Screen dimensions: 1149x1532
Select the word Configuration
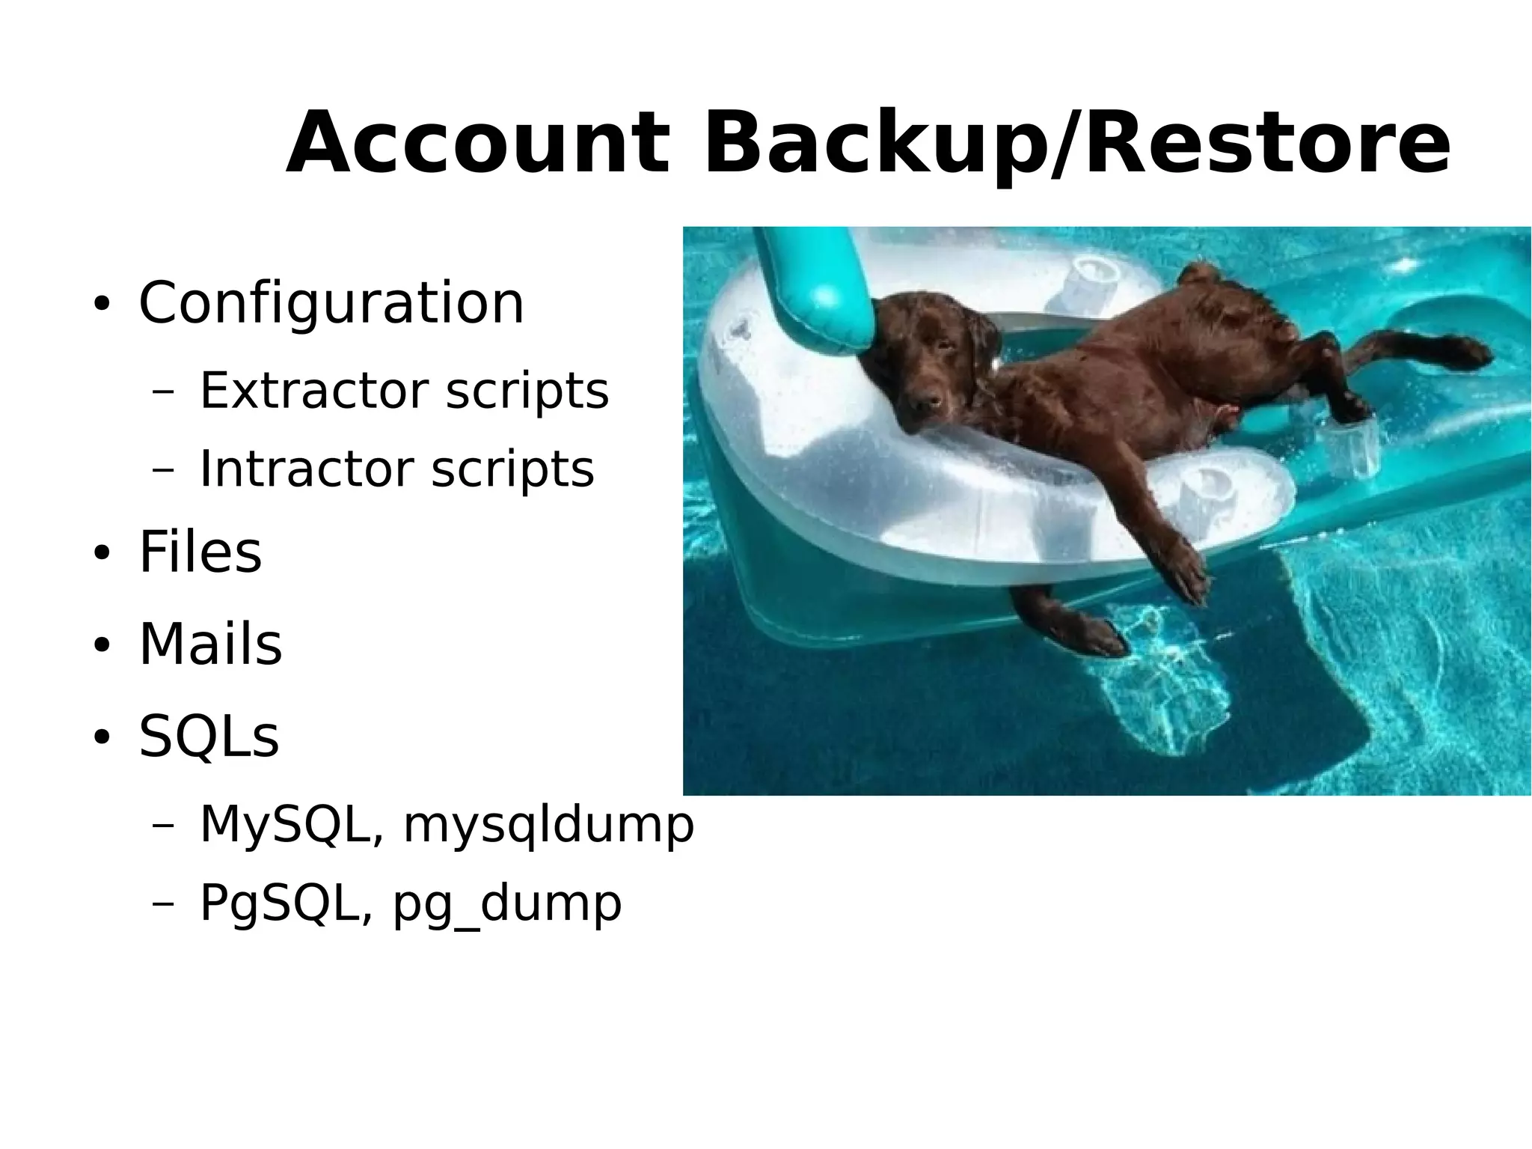tap(331, 303)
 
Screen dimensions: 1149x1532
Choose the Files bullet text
tap(200, 552)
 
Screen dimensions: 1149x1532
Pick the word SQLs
tap(209, 737)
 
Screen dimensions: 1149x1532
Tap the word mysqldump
tap(548, 826)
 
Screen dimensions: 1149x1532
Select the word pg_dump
tap(507, 903)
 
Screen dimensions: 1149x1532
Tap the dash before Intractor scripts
tap(162, 470)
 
